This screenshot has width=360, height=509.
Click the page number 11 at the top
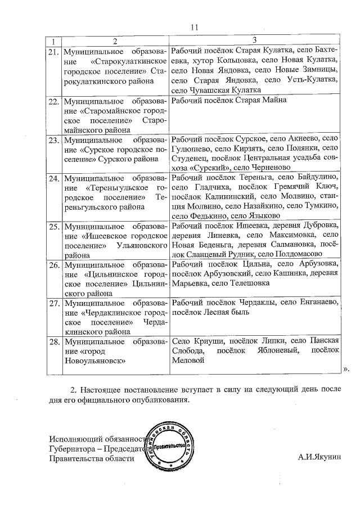195,26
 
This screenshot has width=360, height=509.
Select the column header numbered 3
255,40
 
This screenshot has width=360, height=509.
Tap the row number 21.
54,52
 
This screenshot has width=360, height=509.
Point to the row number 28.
54,341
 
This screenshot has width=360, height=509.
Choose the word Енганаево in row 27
314,302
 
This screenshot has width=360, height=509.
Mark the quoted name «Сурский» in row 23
206,167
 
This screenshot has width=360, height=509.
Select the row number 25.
54,227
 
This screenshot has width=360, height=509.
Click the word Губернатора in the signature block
71,449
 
